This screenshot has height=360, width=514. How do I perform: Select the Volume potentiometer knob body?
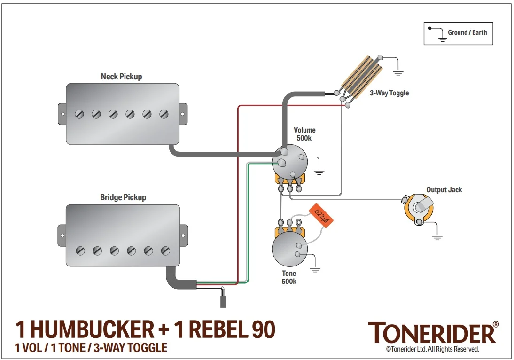289,162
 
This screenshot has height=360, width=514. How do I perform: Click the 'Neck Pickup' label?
121,76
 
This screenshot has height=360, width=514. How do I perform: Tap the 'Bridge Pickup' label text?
123,197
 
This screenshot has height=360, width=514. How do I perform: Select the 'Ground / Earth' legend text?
467,32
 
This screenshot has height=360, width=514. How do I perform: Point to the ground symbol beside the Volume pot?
319,172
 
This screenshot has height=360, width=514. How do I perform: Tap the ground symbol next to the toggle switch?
398,73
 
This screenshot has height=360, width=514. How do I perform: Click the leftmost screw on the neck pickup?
79,114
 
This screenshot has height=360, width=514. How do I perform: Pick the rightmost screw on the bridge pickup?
165,250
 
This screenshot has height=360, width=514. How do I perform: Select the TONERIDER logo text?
431,333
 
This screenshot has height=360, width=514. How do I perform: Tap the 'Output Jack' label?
444,190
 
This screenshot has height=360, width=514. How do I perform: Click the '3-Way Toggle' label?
389,93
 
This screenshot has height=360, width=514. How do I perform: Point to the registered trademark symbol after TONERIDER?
496,325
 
